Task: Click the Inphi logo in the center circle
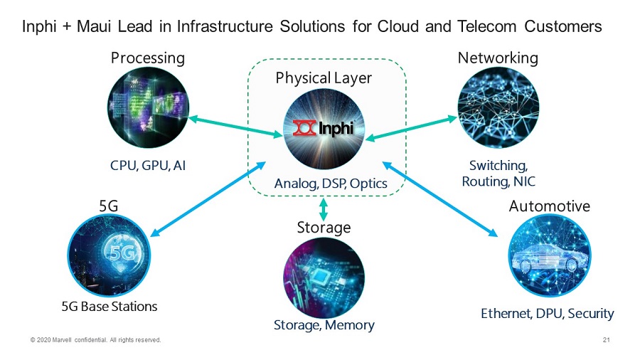pos(324,129)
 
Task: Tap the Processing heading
pos(147,58)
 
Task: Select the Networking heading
pos(498,58)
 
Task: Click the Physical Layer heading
pos(324,78)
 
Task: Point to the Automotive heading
pos(549,206)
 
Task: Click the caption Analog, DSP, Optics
pos(331,184)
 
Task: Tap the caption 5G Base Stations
pos(109,306)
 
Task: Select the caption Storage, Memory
pos(324,325)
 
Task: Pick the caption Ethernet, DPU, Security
pos(547,313)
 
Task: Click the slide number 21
pos(606,340)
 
